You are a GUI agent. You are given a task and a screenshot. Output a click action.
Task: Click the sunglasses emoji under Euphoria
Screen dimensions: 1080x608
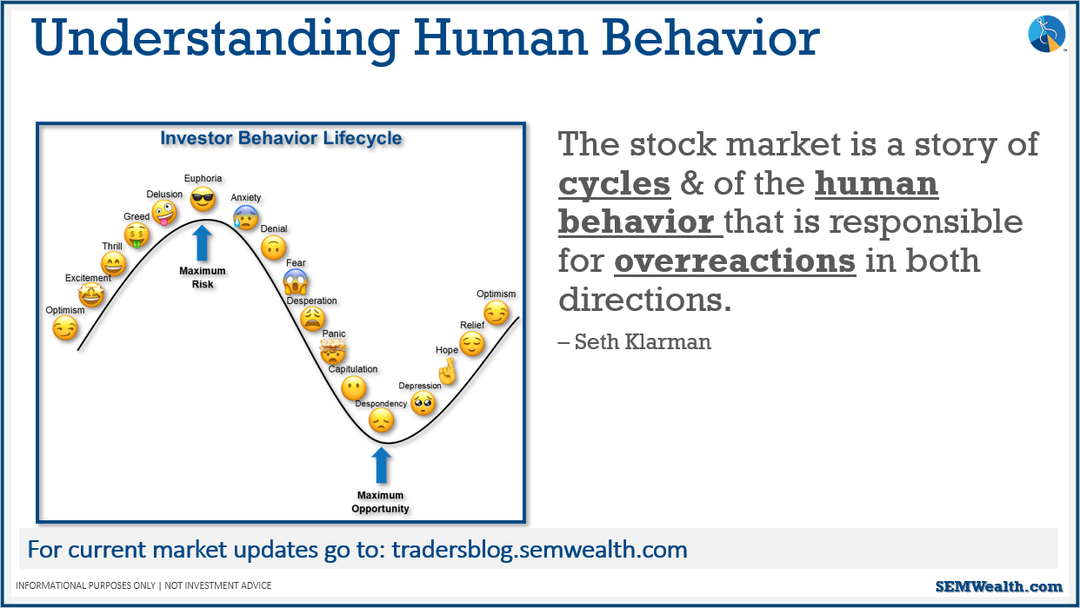coord(203,199)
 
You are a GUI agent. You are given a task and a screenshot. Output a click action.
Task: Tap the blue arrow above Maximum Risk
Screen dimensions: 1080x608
coord(202,243)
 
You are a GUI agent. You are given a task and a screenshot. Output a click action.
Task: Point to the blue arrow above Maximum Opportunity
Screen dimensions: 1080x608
coord(382,466)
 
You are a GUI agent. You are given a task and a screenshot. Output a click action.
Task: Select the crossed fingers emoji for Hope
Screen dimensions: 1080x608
coord(448,371)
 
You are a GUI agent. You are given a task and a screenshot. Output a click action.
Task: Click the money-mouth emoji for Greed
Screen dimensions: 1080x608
coord(137,235)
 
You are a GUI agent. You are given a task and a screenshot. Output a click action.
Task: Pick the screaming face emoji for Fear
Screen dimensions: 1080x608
coord(295,281)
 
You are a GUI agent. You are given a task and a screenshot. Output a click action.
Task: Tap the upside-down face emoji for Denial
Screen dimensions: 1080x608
coord(273,248)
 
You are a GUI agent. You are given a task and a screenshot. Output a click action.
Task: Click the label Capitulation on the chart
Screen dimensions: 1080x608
coord(353,369)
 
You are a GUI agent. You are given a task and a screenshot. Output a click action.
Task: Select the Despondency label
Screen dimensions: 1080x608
coord(381,403)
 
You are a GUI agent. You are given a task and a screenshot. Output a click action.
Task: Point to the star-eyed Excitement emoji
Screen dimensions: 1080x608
coord(91,294)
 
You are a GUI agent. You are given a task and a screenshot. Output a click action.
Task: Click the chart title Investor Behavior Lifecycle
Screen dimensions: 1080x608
coord(281,138)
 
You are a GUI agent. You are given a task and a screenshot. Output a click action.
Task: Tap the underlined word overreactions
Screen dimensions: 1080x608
coord(735,261)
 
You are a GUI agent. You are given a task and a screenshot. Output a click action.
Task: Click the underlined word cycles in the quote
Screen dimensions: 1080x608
coord(614,184)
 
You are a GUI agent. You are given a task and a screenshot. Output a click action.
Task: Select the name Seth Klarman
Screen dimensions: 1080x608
coord(643,341)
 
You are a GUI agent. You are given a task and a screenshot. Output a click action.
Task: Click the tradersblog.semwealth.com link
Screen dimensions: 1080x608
coord(539,549)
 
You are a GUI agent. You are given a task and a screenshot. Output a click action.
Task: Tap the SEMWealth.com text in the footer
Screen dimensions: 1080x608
coord(998,585)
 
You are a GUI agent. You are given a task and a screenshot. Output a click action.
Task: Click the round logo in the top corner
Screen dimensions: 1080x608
coord(1046,34)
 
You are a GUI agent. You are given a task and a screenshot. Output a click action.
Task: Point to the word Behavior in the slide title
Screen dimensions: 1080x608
coord(710,37)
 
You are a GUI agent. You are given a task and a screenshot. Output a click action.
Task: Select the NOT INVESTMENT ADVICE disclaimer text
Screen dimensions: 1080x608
coord(218,585)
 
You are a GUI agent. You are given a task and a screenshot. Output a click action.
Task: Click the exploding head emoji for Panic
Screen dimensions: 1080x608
coord(333,351)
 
